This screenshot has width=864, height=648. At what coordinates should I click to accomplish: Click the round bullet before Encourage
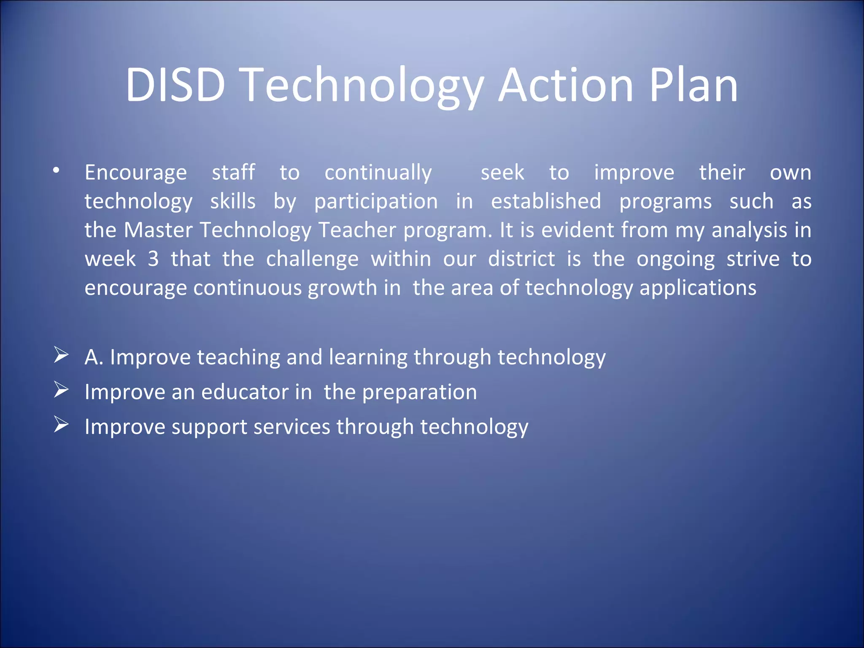pos(56,171)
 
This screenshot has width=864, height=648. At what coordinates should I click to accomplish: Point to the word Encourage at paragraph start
pos(135,173)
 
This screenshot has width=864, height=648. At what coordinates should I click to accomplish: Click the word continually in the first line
pos(378,173)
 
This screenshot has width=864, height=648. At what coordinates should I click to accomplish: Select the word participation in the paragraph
pos(376,201)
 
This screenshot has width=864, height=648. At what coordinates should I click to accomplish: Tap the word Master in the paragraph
pos(158,230)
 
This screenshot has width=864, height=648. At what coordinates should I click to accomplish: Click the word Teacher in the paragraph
pos(357,230)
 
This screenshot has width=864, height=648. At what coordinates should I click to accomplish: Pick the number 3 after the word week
pos(153,259)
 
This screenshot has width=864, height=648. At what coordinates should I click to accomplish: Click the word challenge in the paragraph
pos(312,259)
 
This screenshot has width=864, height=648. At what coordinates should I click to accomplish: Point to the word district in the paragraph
pos(521,259)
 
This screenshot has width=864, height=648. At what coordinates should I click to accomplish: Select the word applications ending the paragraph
pos(698,288)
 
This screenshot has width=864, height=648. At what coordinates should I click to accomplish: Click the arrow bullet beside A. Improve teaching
pos(61,355)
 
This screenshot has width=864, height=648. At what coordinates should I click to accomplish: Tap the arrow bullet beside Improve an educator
pos(61,390)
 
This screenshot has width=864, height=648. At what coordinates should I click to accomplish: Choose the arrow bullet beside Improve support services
pos(61,424)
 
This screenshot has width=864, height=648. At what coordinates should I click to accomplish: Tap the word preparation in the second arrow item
pos(419,392)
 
